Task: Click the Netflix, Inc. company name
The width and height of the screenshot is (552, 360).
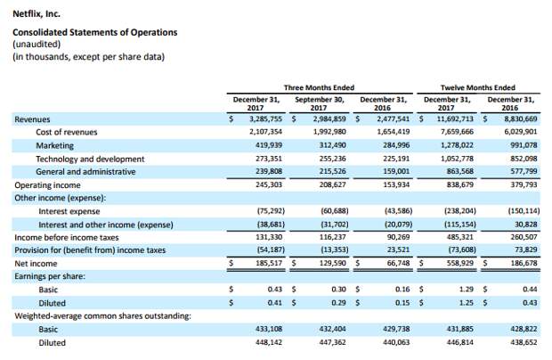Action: click(37, 14)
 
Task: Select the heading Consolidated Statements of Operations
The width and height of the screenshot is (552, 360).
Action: click(95, 32)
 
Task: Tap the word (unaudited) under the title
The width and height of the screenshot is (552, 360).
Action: click(37, 45)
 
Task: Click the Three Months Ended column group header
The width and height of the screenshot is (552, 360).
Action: click(319, 87)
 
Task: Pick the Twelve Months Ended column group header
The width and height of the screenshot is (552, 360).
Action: click(478, 87)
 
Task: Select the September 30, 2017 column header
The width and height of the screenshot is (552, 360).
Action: click(320, 103)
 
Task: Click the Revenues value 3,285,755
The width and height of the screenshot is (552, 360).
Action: click(266, 119)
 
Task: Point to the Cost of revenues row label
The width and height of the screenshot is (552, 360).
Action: click(67, 132)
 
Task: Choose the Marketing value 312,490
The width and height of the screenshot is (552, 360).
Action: click(332, 145)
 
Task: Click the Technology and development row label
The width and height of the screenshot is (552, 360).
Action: click(90, 159)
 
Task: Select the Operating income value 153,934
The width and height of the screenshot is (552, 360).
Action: click(396, 184)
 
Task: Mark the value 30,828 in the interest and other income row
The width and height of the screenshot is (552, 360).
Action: click(526, 224)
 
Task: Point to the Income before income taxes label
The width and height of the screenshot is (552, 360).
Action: click(67, 238)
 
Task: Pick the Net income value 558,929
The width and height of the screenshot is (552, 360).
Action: click(459, 263)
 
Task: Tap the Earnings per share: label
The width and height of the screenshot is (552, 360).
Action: click(50, 276)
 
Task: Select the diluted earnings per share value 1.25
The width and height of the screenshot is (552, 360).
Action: click(467, 303)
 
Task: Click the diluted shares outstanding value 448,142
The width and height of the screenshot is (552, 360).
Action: click(269, 342)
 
